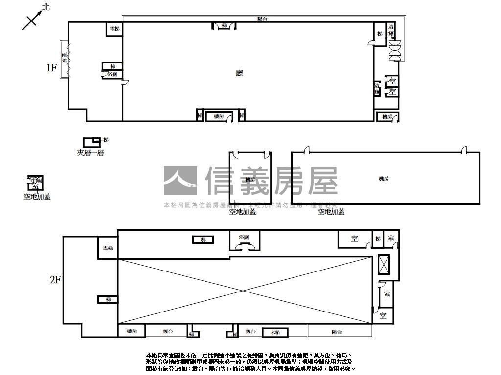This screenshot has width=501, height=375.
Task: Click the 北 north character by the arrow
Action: pos(46,7)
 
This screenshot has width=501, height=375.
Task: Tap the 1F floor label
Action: pos(52,68)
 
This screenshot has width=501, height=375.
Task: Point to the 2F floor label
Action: pos(55,280)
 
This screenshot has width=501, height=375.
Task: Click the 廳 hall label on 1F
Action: pos(239,73)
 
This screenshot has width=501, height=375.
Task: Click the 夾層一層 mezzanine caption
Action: pos(90,153)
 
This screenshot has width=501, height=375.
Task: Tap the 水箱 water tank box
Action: pos(274,332)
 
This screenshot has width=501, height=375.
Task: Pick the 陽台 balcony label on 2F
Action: pos(337,332)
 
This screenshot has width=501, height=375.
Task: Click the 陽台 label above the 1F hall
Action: pos(262,19)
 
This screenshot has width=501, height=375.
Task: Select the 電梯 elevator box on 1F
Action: pos(114,29)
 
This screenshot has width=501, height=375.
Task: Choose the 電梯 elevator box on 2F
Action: pos(108,248)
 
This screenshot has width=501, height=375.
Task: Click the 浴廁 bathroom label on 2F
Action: pos(244,237)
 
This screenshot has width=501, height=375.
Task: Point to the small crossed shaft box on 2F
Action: pos(385,266)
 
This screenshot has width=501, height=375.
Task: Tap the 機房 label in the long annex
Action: pos(384,179)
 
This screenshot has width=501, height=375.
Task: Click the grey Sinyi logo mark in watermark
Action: pos(181,181)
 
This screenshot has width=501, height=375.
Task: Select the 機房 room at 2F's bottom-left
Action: pos(132,331)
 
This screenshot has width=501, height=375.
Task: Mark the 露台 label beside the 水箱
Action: pos(251,332)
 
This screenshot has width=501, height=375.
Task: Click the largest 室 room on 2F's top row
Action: pos(355,239)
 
